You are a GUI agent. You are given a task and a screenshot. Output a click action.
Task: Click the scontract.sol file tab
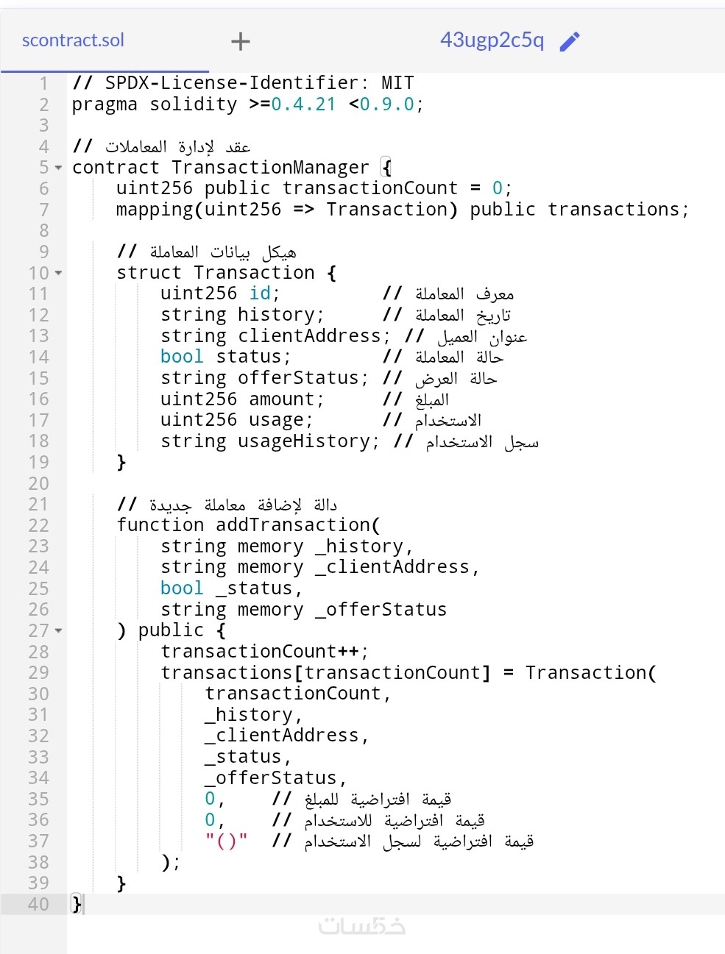point(73,40)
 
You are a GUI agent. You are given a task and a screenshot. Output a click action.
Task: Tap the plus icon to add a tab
point(241,41)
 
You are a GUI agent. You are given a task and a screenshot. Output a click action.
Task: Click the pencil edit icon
point(570,41)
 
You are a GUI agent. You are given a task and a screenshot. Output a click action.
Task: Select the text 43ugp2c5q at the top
point(492,40)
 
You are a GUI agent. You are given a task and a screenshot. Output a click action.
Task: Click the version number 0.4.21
point(303,104)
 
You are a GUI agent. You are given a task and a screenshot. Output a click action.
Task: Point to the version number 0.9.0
point(387,104)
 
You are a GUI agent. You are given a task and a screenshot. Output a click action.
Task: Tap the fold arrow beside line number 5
point(59,168)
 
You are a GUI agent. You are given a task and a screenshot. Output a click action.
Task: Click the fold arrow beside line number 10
point(59,273)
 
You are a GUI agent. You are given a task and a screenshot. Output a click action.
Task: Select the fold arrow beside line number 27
point(59,630)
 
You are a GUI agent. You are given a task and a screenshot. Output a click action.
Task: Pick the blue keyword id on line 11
point(260,293)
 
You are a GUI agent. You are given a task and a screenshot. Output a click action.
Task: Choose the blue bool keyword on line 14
point(182,357)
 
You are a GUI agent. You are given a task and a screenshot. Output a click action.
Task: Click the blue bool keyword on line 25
point(182,588)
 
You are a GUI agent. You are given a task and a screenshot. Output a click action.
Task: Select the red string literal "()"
point(227,841)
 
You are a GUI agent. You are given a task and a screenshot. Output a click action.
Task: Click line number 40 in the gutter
point(38,904)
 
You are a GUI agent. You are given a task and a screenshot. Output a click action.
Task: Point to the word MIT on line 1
point(397,83)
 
